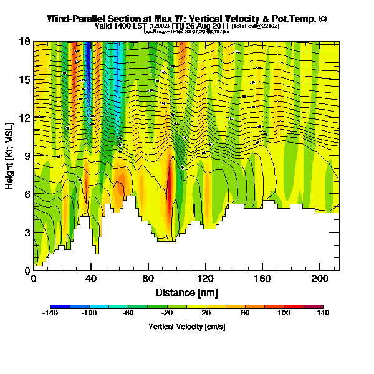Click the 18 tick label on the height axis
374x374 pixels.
pos(25,41)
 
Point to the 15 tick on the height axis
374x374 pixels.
pos(25,79)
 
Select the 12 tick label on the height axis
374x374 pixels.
pos(25,118)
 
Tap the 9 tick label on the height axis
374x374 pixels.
pos(27,156)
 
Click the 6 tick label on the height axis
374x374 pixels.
pos(27,194)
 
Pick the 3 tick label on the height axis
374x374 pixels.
pos(27,233)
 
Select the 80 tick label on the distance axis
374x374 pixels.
pos(148,279)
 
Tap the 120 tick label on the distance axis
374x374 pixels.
pos(206,279)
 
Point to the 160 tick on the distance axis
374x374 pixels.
pos(262,279)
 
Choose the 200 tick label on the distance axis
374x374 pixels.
pos(320,279)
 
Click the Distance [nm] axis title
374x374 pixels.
pos(186,292)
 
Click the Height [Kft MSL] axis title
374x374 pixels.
pos(11,156)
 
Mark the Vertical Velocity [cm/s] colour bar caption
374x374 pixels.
pos(186,327)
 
